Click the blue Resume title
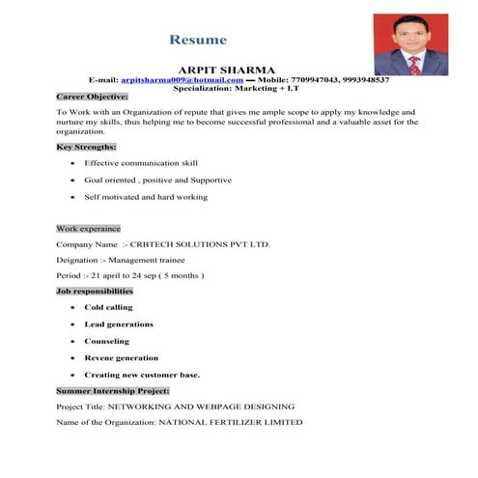(198, 41)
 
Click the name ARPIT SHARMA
(228, 70)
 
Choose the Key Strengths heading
(86, 146)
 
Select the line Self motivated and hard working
(146, 197)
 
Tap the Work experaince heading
(88, 229)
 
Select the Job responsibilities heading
(95, 291)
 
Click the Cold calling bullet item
(109, 307)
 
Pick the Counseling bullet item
(107, 341)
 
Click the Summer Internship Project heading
(112, 390)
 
